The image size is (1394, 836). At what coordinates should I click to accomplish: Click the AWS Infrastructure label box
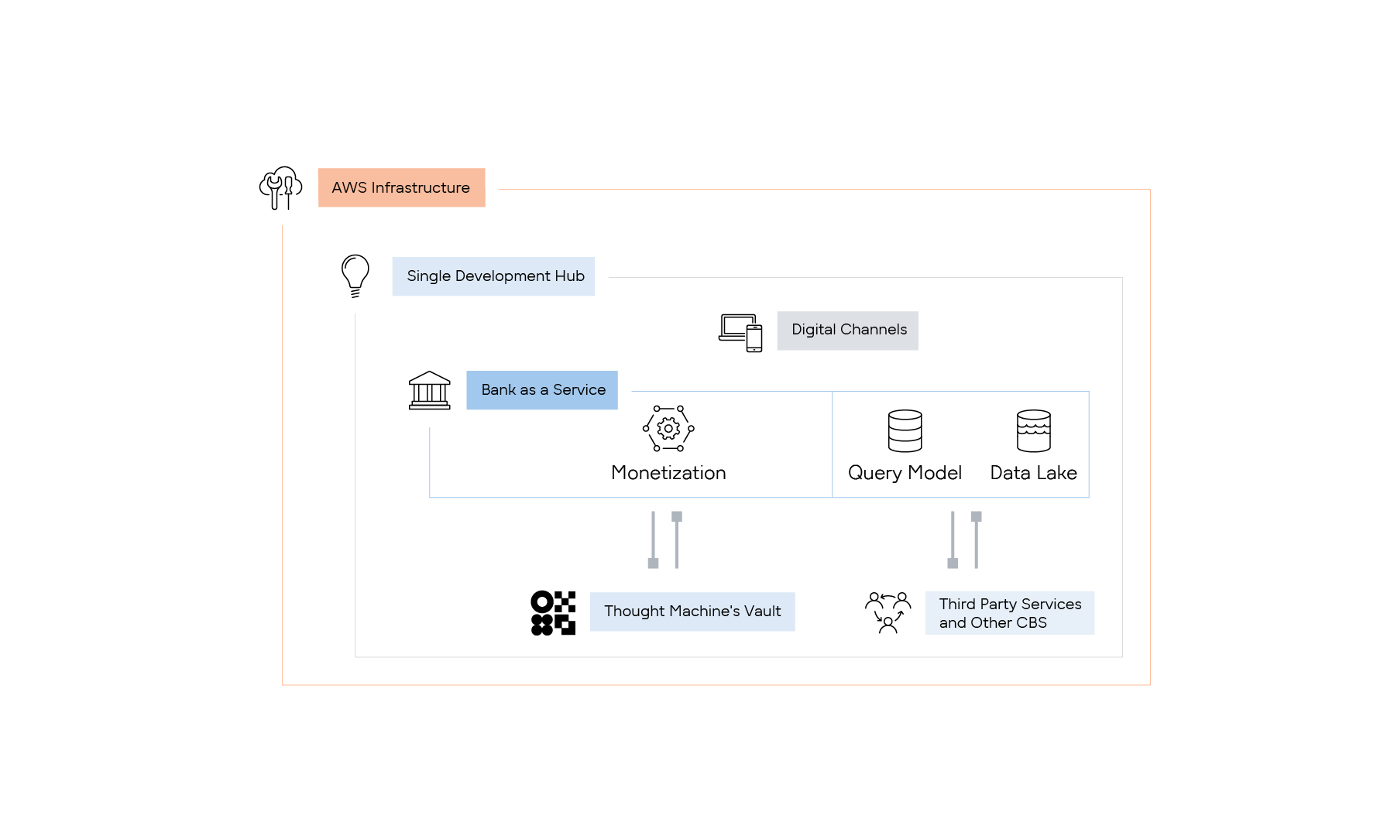[401, 187]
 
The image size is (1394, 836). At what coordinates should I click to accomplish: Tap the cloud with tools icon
[280, 187]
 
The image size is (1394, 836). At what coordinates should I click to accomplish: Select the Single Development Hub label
[493, 276]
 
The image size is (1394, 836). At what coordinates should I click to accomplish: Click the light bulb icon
[355, 276]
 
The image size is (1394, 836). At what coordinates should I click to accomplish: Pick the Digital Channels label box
[848, 331]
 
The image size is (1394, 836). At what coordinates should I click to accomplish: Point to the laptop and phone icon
[740, 332]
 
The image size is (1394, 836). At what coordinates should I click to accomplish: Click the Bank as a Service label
[542, 390]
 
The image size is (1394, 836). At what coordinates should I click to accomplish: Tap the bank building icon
[429, 390]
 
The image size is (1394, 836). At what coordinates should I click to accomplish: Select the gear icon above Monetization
[668, 428]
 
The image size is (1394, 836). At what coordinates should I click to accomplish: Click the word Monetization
[668, 473]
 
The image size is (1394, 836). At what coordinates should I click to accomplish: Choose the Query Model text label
[905, 473]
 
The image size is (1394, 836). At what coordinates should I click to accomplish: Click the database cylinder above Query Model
[905, 430]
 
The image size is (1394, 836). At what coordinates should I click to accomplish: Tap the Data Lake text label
[1033, 473]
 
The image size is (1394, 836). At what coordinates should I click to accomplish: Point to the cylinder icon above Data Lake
[1033, 430]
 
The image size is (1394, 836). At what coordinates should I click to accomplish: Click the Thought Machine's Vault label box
[692, 612]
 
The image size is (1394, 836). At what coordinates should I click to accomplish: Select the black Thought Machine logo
[553, 613]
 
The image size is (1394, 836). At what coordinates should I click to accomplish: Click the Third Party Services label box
[1009, 613]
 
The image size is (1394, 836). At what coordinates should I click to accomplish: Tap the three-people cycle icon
[888, 612]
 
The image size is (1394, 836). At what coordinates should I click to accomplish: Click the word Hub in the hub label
[569, 276]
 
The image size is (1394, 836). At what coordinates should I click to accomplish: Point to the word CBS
[1032, 623]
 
